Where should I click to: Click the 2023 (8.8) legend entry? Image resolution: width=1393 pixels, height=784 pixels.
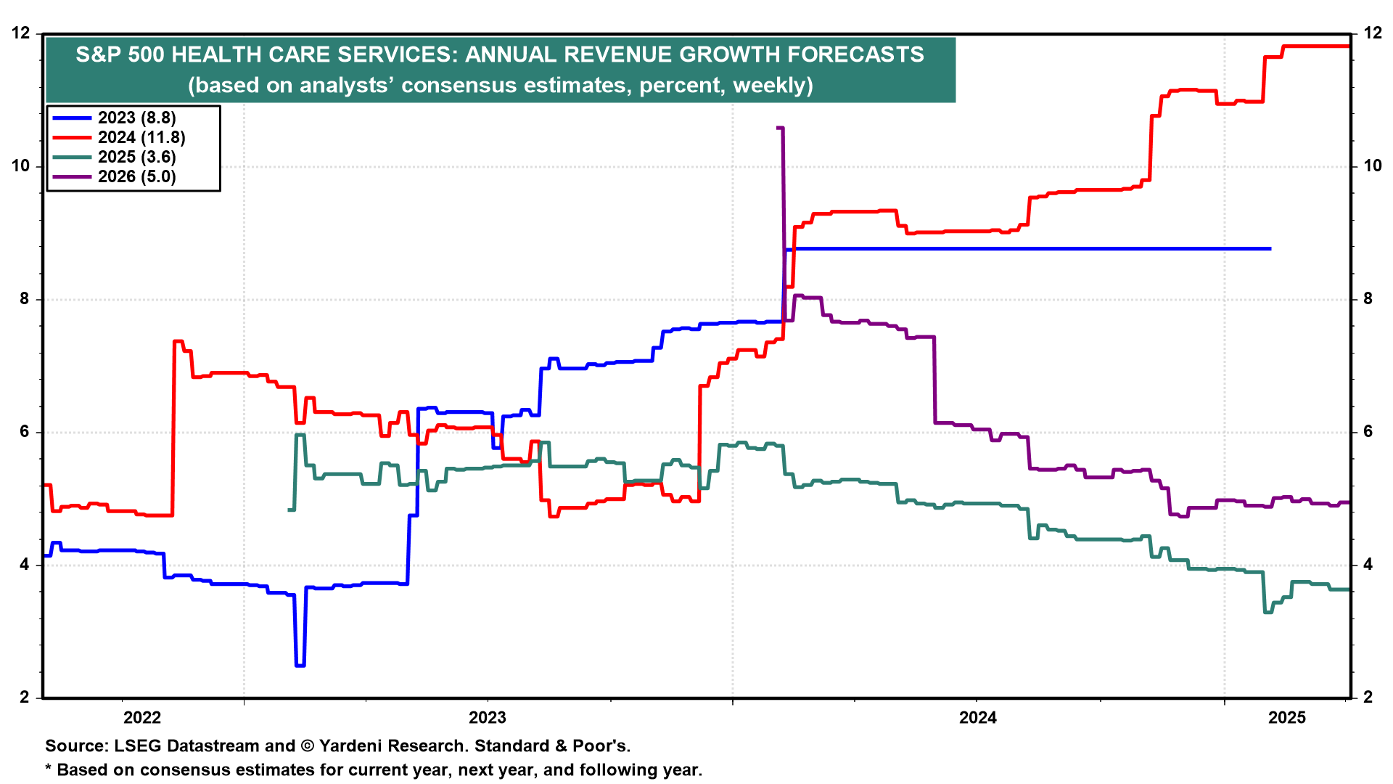click(x=136, y=118)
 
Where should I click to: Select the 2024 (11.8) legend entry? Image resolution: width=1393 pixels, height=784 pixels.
click(x=141, y=138)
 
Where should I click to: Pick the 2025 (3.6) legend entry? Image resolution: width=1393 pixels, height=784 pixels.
click(x=136, y=158)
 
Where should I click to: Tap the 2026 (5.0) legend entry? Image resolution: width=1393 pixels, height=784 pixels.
click(x=136, y=177)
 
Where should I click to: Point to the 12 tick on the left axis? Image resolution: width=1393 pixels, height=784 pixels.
click(x=21, y=33)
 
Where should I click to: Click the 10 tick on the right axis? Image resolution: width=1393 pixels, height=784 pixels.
click(x=1373, y=166)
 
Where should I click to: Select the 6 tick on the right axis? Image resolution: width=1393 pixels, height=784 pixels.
click(x=1368, y=432)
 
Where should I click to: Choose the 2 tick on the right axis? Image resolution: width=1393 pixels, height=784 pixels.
click(x=1368, y=698)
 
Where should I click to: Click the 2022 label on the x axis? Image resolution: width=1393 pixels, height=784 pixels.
click(x=142, y=719)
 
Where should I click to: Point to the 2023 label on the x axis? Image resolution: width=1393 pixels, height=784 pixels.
click(x=488, y=719)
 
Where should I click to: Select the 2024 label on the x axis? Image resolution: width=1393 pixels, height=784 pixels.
click(x=978, y=719)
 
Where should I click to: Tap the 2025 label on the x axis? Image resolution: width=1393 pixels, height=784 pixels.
click(x=1287, y=719)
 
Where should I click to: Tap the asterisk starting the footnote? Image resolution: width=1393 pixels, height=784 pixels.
click(x=49, y=768)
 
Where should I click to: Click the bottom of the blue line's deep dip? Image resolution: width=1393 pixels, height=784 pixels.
click(x=300, y=665)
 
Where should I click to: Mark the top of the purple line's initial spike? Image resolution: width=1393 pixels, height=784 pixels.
click(x=780, y=128)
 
